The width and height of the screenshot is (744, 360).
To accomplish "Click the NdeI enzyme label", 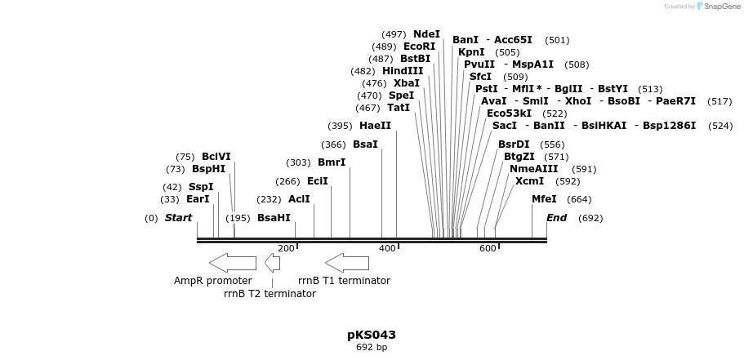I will (x=426, y=34).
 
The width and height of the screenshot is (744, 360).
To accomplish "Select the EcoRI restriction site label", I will (x=419, y=47).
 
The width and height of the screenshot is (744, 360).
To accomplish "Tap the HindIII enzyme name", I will (x=403, y=71).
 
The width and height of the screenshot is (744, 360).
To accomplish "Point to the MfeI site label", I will (x=544, y=199).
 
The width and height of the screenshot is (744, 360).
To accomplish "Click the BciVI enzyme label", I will (x=216, y=157).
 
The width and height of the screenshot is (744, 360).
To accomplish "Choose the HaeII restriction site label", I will (x=375, y=126).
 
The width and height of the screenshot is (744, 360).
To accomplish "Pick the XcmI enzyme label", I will (x=529, y=181).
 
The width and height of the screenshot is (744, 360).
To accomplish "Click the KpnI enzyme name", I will (x=471, y=52).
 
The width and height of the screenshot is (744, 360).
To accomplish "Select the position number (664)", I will (x=579, y=199).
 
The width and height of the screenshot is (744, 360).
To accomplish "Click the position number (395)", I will (x=340, y=126).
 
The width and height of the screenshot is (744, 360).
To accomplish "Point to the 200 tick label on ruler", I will (x=286, y=248).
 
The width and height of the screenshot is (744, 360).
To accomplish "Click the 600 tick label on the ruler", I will (x=488, y=248).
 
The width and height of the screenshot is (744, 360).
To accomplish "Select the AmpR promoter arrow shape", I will (x=232, y=263).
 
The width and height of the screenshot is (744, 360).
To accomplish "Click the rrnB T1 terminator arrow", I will (x=346, y=263).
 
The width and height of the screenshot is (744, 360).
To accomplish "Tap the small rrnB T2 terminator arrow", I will (x=272, y=263).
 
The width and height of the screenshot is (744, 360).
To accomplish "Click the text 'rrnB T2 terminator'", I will (x=270, y=294).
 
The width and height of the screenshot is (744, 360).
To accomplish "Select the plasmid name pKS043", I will (x=372, y=335).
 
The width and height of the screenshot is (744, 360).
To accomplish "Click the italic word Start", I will (x=178, y=218).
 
